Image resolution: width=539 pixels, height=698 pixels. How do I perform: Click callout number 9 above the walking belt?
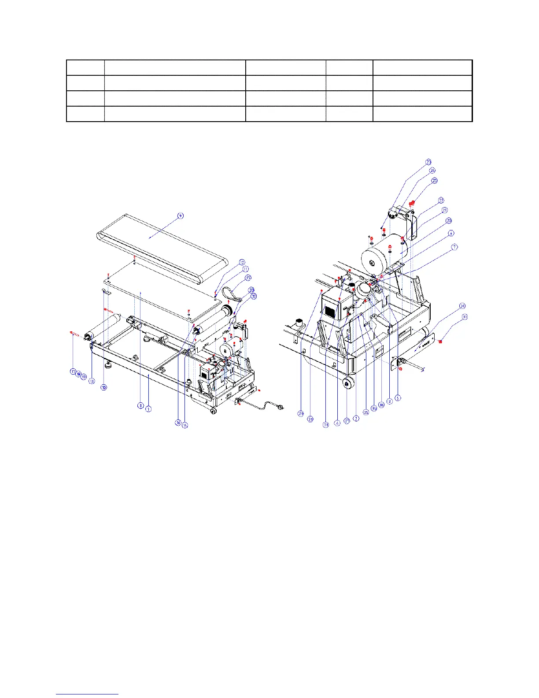click(180, 215)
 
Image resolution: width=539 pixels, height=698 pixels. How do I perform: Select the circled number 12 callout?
click(242, 262)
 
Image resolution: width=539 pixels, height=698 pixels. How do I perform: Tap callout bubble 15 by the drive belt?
click(248, 278)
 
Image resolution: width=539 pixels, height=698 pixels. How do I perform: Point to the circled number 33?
click(251, 290)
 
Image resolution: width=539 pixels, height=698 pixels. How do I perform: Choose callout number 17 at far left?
click(73, 371)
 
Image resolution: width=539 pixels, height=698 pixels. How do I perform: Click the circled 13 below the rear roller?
click(92, 381)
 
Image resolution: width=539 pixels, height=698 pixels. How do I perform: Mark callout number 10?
click(104, 387)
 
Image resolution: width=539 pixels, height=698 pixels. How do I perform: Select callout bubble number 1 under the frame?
click(148, 409)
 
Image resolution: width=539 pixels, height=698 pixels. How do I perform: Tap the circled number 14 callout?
click(185, 425)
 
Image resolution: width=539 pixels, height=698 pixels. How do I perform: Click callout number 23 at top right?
click(428, 162)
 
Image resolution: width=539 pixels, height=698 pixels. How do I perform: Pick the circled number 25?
click(435, 180)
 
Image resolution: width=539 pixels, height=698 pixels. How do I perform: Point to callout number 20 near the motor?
click(449, 220)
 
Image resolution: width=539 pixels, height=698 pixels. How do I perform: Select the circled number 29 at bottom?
click(301, 413)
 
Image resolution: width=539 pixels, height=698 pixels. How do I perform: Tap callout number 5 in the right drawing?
click(398, 397)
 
